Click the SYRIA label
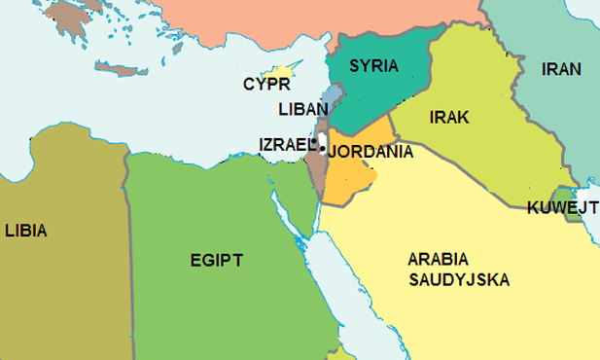(373, 66)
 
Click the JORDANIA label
(371, 152)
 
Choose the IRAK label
(448, 117)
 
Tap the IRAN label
(561, 69)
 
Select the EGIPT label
(216, 260)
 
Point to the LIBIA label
(25, 231)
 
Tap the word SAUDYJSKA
(459, 279)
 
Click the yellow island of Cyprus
(282, 73)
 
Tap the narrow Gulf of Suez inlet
(283, 206)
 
